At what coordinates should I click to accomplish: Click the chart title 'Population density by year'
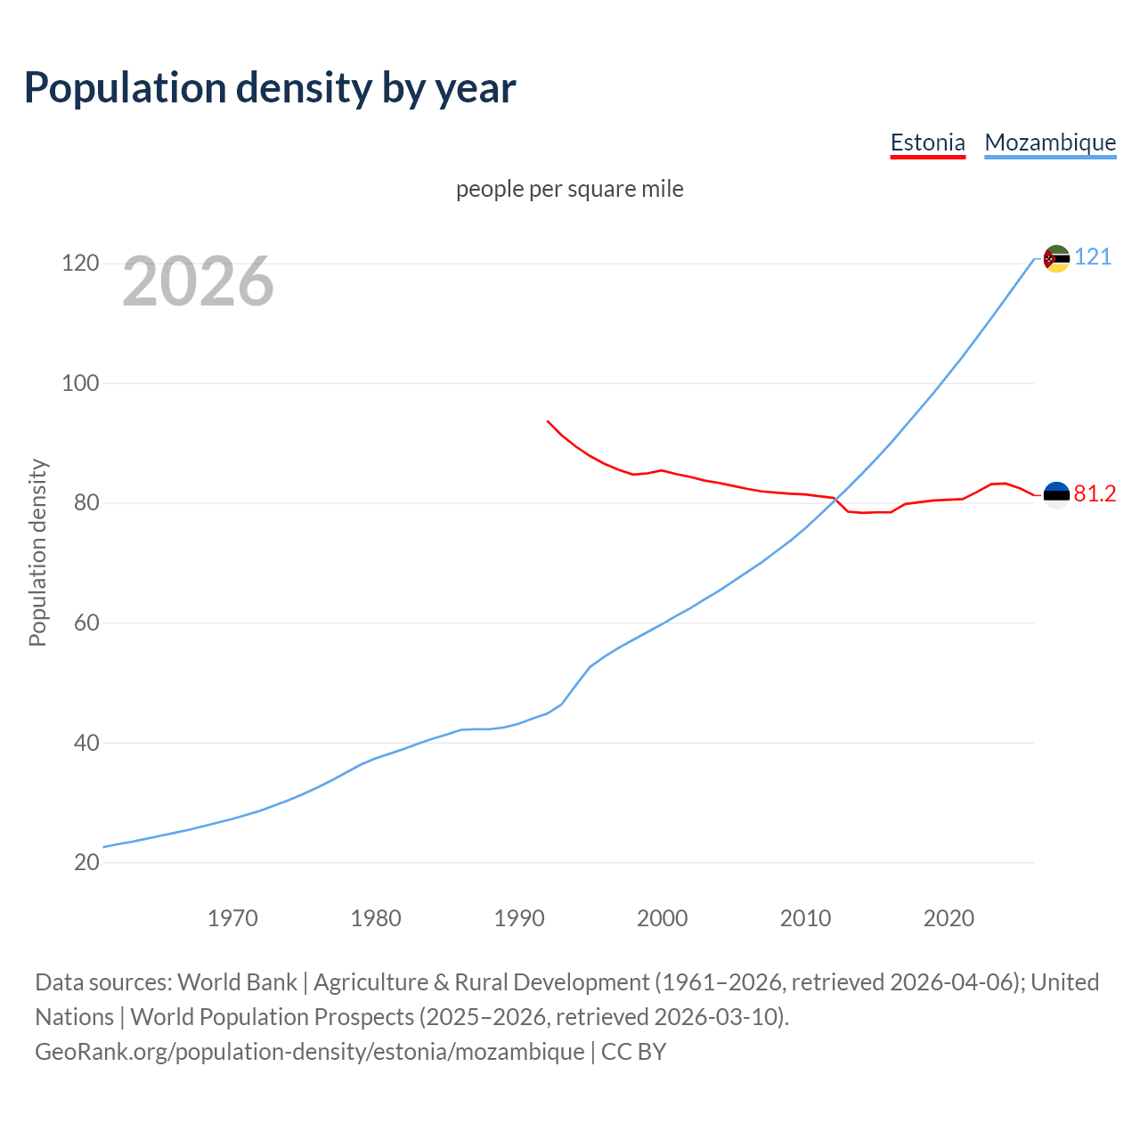coord(270,88)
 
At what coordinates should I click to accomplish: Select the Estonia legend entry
coord(927,142)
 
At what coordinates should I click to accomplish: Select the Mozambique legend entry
coord(1050,142)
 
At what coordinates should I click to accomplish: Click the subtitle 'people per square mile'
coord(569,189)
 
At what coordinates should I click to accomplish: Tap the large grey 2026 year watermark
coord(198,281)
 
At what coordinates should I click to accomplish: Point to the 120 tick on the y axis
coord(79,264)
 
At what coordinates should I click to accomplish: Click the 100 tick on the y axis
coord(79,384)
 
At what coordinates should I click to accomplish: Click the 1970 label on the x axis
coord(232,918)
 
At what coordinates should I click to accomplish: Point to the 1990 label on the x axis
coord(519,918)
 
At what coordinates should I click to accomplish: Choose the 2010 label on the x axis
coord(805,918)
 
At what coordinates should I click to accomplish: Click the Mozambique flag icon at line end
coord(1056,258)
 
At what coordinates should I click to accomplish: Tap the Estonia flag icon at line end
coord(1056,495)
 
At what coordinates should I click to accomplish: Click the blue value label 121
coord(1093,257)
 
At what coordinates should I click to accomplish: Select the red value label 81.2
coord(1095,494)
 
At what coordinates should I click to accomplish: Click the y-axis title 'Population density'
coord(37,552)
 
